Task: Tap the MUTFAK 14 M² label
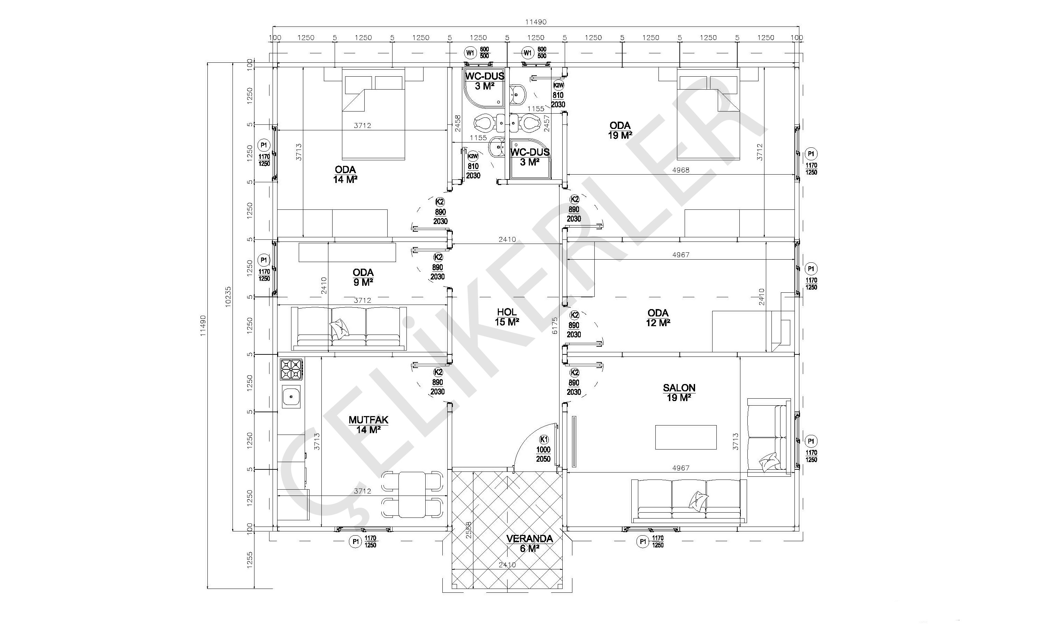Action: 368,425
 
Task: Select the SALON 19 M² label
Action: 679,392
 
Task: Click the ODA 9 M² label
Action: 363,277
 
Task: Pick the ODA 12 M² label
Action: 658,318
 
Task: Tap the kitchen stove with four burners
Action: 291,370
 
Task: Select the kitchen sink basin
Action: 291,397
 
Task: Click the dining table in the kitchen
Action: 412,494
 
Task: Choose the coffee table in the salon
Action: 686,437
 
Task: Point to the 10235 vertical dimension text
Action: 228,297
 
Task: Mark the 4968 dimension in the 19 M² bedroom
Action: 681,170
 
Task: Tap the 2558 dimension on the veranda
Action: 469,530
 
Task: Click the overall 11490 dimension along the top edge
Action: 536,22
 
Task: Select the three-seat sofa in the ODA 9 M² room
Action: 349,329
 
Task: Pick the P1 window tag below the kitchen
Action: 355,542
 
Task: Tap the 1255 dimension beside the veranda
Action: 250,560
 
